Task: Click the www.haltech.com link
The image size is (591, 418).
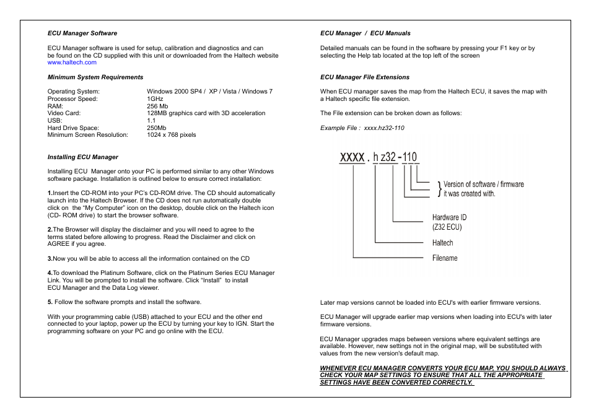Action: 72,63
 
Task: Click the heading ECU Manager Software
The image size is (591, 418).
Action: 82,33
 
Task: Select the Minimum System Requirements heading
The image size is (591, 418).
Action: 95,77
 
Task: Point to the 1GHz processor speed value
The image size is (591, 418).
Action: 155,99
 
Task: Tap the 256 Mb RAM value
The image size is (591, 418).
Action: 157,106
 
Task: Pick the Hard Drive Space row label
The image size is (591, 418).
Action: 73,128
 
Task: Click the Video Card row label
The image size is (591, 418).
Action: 64,113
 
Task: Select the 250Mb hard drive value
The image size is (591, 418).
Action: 157,128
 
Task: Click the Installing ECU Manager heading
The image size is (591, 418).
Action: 83,157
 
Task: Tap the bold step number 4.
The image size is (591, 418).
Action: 50,273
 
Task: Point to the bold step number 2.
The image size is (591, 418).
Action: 50,230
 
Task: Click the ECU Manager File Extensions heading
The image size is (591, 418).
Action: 365,77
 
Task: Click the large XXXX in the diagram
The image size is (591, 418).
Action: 352,157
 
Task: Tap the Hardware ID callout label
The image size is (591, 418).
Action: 449,218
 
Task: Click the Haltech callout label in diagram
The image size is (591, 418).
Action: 442,243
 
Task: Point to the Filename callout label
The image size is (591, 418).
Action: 445,258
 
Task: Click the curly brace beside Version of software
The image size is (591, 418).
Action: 439,189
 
